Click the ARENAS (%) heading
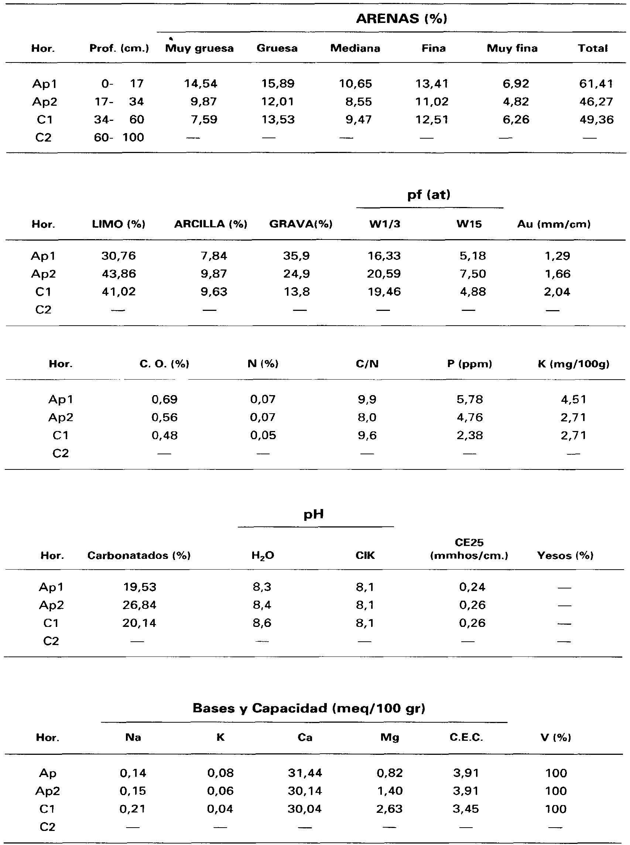(401, 19)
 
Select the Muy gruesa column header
(199, 48)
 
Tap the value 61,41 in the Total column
(596, 84)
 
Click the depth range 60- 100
(119, 138)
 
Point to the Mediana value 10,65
(355, 84)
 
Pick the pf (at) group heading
(429, 195)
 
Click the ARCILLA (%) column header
(210, 224)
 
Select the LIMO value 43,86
(119, 274)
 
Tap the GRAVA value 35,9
(296, 256)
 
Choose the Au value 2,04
(557, 292)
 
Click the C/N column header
(367, 364)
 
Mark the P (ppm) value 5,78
(469, 400)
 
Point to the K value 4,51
(573, 400)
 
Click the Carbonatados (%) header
(139, 555)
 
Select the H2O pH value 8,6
(262, 623)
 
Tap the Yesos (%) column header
(565, 555)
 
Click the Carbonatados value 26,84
(139, 605)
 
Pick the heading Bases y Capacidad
(308, 708)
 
